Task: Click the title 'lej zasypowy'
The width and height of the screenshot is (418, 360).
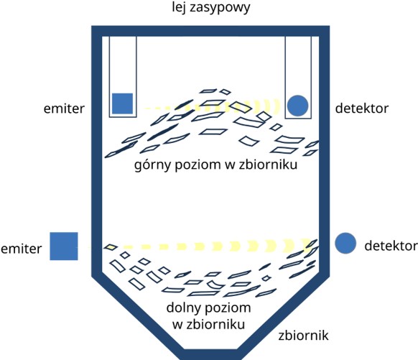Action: [x=211, y=7]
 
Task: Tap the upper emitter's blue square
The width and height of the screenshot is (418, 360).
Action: [x=122, y=103]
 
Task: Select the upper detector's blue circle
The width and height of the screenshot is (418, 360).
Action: [x=298, y=106]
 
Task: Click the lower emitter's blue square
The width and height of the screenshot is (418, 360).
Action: [x=64, y=246]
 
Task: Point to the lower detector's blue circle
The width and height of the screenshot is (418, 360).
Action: [x=345, y=243]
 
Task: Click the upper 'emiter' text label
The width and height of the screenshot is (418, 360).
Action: [x=64, y=109]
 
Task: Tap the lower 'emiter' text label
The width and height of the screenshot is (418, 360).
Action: [x=22, y=249]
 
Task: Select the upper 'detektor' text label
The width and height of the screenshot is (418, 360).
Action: [x=362, y=109]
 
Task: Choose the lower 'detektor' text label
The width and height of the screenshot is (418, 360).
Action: [x=390, y=246]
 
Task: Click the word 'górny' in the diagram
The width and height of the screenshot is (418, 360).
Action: [x=152, y=165]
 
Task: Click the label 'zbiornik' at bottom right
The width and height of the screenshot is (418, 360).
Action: [x=303, y=336]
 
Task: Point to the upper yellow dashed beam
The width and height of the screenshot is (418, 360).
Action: [x=212, y=106]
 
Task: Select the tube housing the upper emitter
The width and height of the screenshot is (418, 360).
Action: [x=123, y=117]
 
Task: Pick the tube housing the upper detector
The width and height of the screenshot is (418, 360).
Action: [x=298, y=119]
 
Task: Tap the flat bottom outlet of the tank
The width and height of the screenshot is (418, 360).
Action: [x=210, y=354]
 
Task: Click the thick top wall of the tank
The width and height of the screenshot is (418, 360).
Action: [x=210, y=31]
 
